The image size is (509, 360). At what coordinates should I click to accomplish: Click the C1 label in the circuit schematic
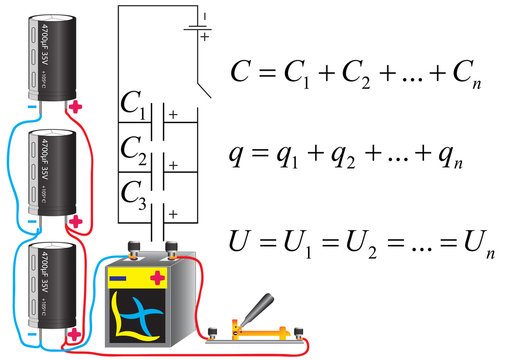click(133, 104)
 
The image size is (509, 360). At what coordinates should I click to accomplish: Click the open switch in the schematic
click(204, 81)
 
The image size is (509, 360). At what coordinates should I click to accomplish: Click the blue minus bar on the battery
click(118, 279)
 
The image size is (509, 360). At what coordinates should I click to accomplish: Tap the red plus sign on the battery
click(157, 279)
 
